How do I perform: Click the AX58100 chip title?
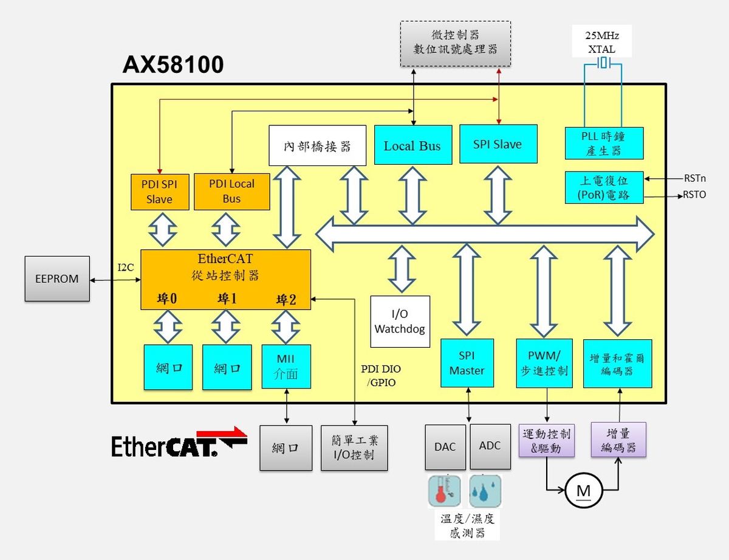pyautogui.click(x=173, y=64)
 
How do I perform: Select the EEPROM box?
pyautogui.click(x=57, y=279)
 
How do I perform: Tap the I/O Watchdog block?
pyautogui.click(x=400, y=322)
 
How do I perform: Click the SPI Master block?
pyautogui.click(x=467, y=363)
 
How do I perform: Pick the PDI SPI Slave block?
pyautogui.click(x=159, y=192)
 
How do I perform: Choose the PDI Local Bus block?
pyautogui.click(x=231, y=192)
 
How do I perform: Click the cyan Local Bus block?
pyautogui.click(x=412, y=145)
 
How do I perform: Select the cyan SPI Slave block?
pyautogui.click(x=498, y=144)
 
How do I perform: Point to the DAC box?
pyautogui.click(x=445, y=447)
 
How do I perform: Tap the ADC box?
pyautogui.click(x=490, y=446)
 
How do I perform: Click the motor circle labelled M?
pyautogui.click(x=583, y=490)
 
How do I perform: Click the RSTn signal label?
pyautogui.click(x=694, y=179)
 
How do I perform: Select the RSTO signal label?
pyautogui.click(x=694, y=195)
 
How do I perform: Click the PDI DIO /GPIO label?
pyautogui.click(x=381, y=376)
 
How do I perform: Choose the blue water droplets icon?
pyautogui.click(x=485, y=491)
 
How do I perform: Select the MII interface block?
pyautogui.click(x=286, y=367)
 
